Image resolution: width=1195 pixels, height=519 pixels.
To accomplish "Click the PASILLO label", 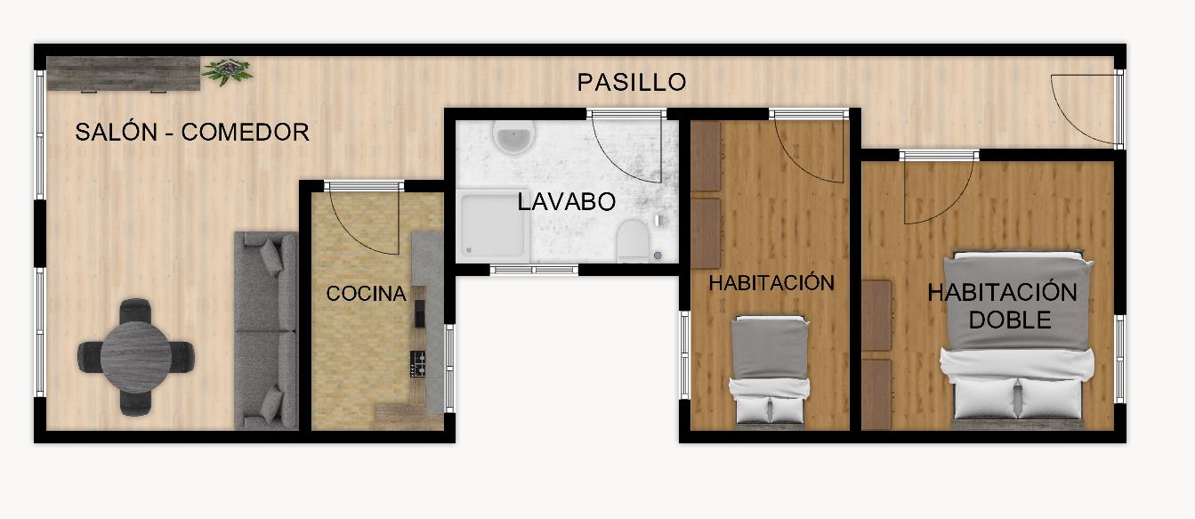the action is coord(632,82).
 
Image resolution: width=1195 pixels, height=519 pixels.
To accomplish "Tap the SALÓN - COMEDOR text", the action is coord(192,132).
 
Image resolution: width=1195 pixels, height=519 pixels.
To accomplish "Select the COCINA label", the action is coord(366,293).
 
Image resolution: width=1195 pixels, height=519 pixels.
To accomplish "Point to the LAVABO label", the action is coord(567,201).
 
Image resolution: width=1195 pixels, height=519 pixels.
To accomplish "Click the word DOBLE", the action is coord(1010,320).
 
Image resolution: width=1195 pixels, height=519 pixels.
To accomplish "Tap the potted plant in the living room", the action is coord(228,71).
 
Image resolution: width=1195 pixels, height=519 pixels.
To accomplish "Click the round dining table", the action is coord(136,357).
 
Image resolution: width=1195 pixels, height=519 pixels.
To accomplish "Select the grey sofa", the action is coord(266,330).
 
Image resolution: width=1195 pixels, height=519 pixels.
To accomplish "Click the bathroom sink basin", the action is coord(513,136).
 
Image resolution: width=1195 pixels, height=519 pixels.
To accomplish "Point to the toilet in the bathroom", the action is coord(633,241).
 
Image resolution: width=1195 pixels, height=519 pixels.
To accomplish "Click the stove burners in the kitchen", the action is coord(417,363).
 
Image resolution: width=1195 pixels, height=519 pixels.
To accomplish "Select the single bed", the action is coord(770,371).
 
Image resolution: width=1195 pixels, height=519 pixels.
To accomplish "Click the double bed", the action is coord(1017,339).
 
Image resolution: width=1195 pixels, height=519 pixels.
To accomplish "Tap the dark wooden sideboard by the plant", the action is coord(123,74).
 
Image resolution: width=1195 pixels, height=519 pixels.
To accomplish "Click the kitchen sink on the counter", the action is coord(420,313).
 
